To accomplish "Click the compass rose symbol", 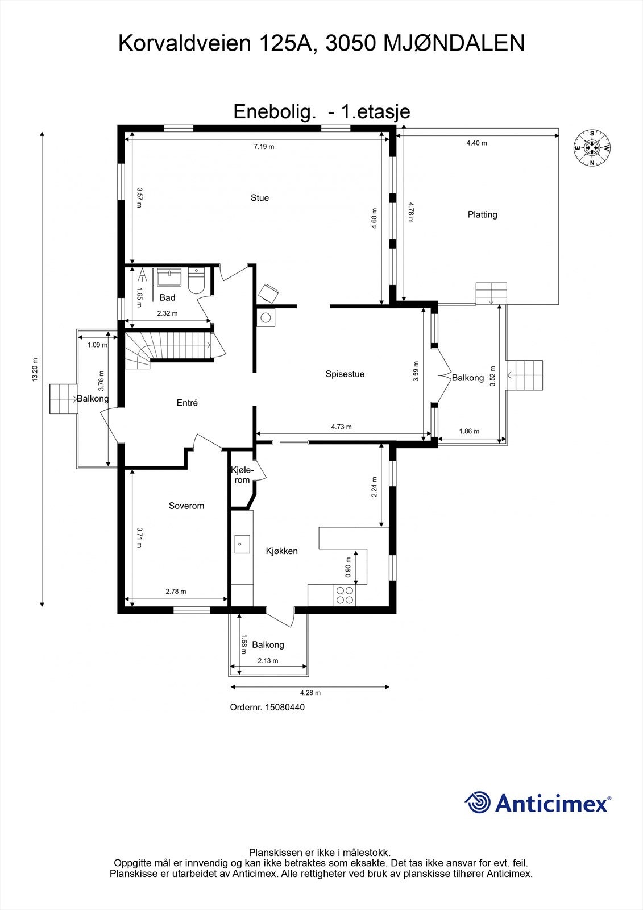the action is pos(592,148).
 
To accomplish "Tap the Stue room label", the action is pos(260,198).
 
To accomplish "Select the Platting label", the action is pos(482,214).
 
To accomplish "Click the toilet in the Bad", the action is pos(197,281).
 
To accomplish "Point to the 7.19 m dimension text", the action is pos(264,147).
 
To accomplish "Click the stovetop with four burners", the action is pos(345,595).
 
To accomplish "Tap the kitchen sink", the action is pos(242,544).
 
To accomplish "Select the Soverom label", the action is pos(186,506).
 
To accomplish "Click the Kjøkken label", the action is pos(281,551).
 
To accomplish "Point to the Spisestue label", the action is pos(345,374).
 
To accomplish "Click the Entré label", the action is pos(187,403).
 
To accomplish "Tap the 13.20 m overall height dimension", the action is pos(35,369).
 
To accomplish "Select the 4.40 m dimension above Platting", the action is pos(476,143).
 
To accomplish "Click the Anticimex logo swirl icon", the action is pos(478,803).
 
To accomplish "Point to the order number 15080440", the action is pos(285,708).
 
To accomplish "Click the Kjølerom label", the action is pos(242,475).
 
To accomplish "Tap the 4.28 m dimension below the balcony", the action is pos(310,693).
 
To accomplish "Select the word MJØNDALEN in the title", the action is pos(454,43).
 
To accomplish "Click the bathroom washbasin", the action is pos(169,277).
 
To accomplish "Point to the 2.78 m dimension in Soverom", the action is pos(176,591).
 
